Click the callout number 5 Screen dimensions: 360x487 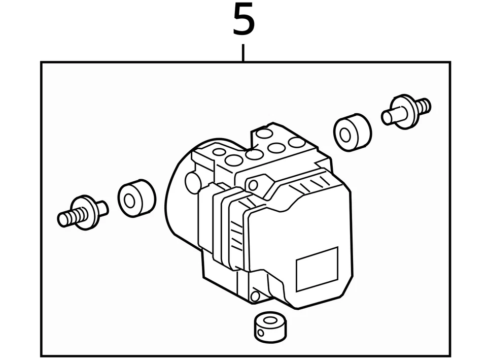(x=243, y=20)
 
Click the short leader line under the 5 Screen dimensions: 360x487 (x=243, y=53)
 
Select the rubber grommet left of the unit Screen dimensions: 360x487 (x=136, y=199)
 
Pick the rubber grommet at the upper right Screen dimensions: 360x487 (x=352, y=133)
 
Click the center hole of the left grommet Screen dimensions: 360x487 (x=130, y=200)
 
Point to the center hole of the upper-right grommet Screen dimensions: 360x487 (x=345, y=135)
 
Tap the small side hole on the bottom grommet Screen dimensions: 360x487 (x=261, y=333)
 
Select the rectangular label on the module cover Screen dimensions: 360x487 (x=317, y=269)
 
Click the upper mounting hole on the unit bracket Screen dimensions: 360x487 (x=253, y=183)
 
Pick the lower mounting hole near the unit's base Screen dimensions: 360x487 (x=255, y=296)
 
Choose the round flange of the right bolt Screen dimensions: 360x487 (x=405, y=112)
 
